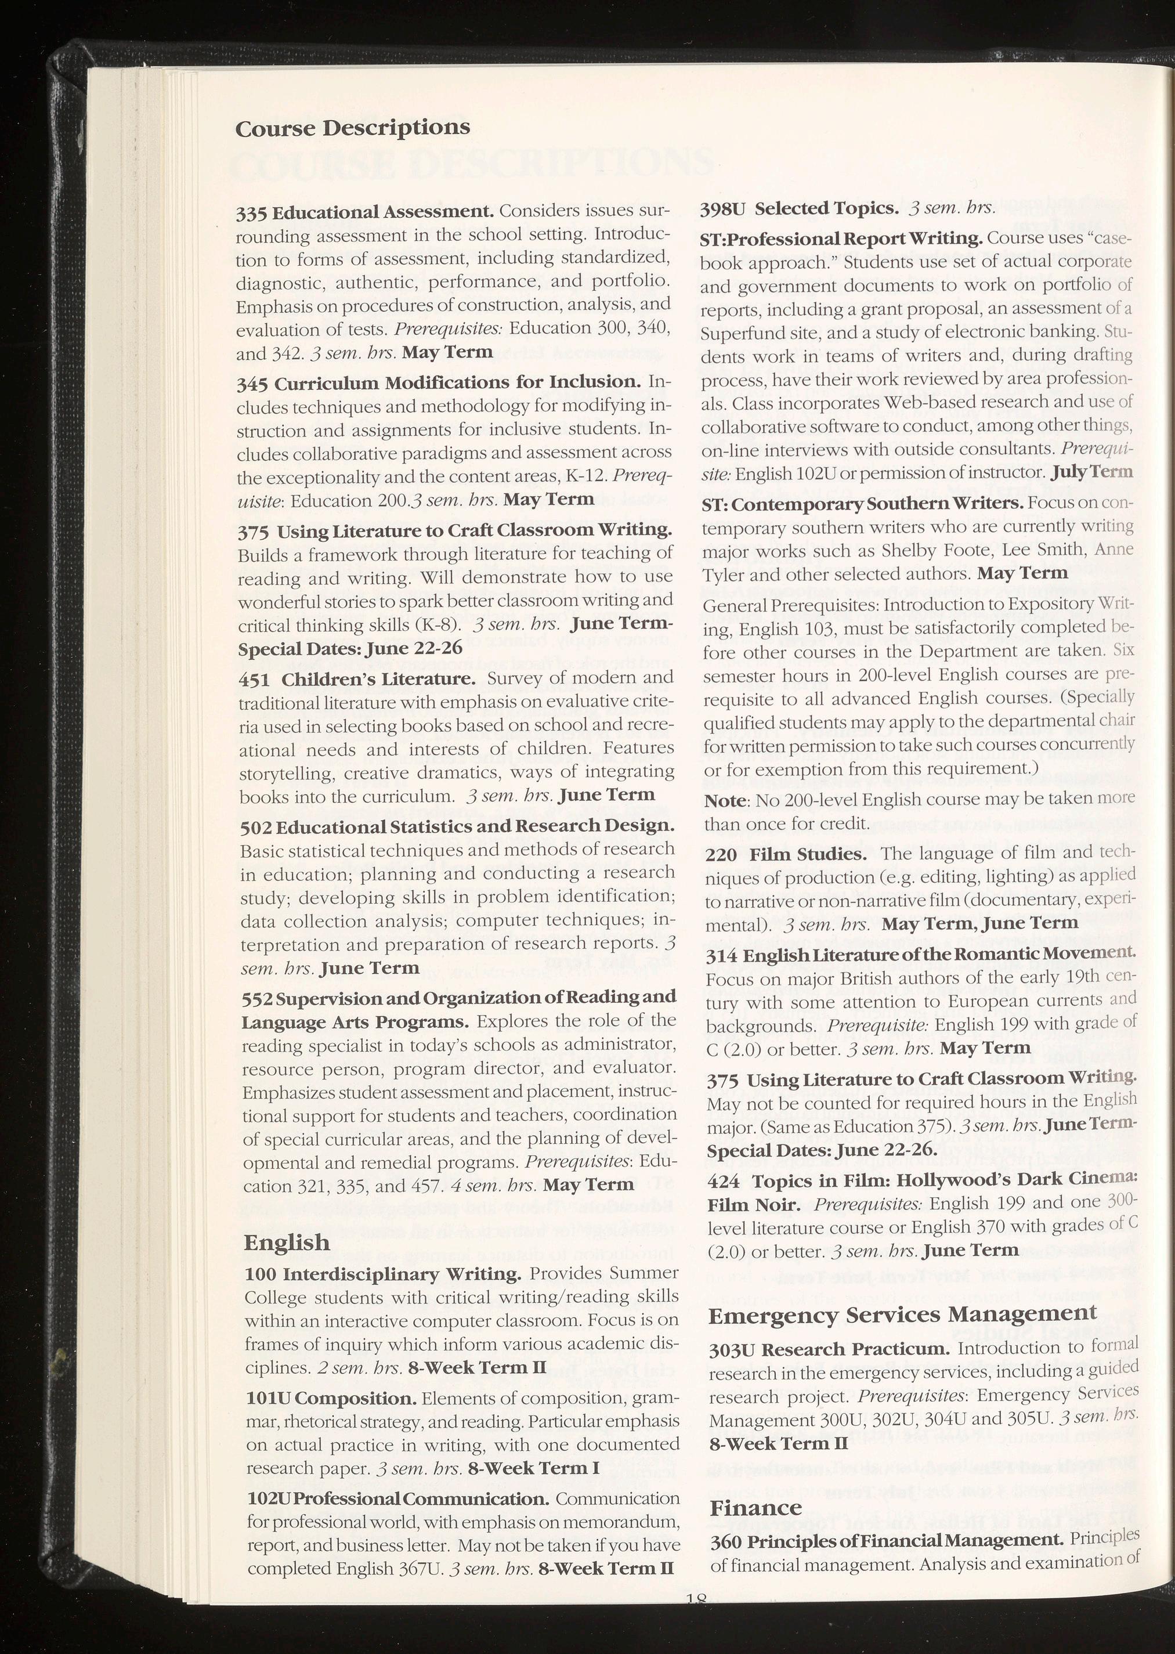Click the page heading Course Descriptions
(352, 128)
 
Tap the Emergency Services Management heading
(902, 1313)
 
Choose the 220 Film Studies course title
(786, 854)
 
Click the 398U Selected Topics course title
(799, 208)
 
